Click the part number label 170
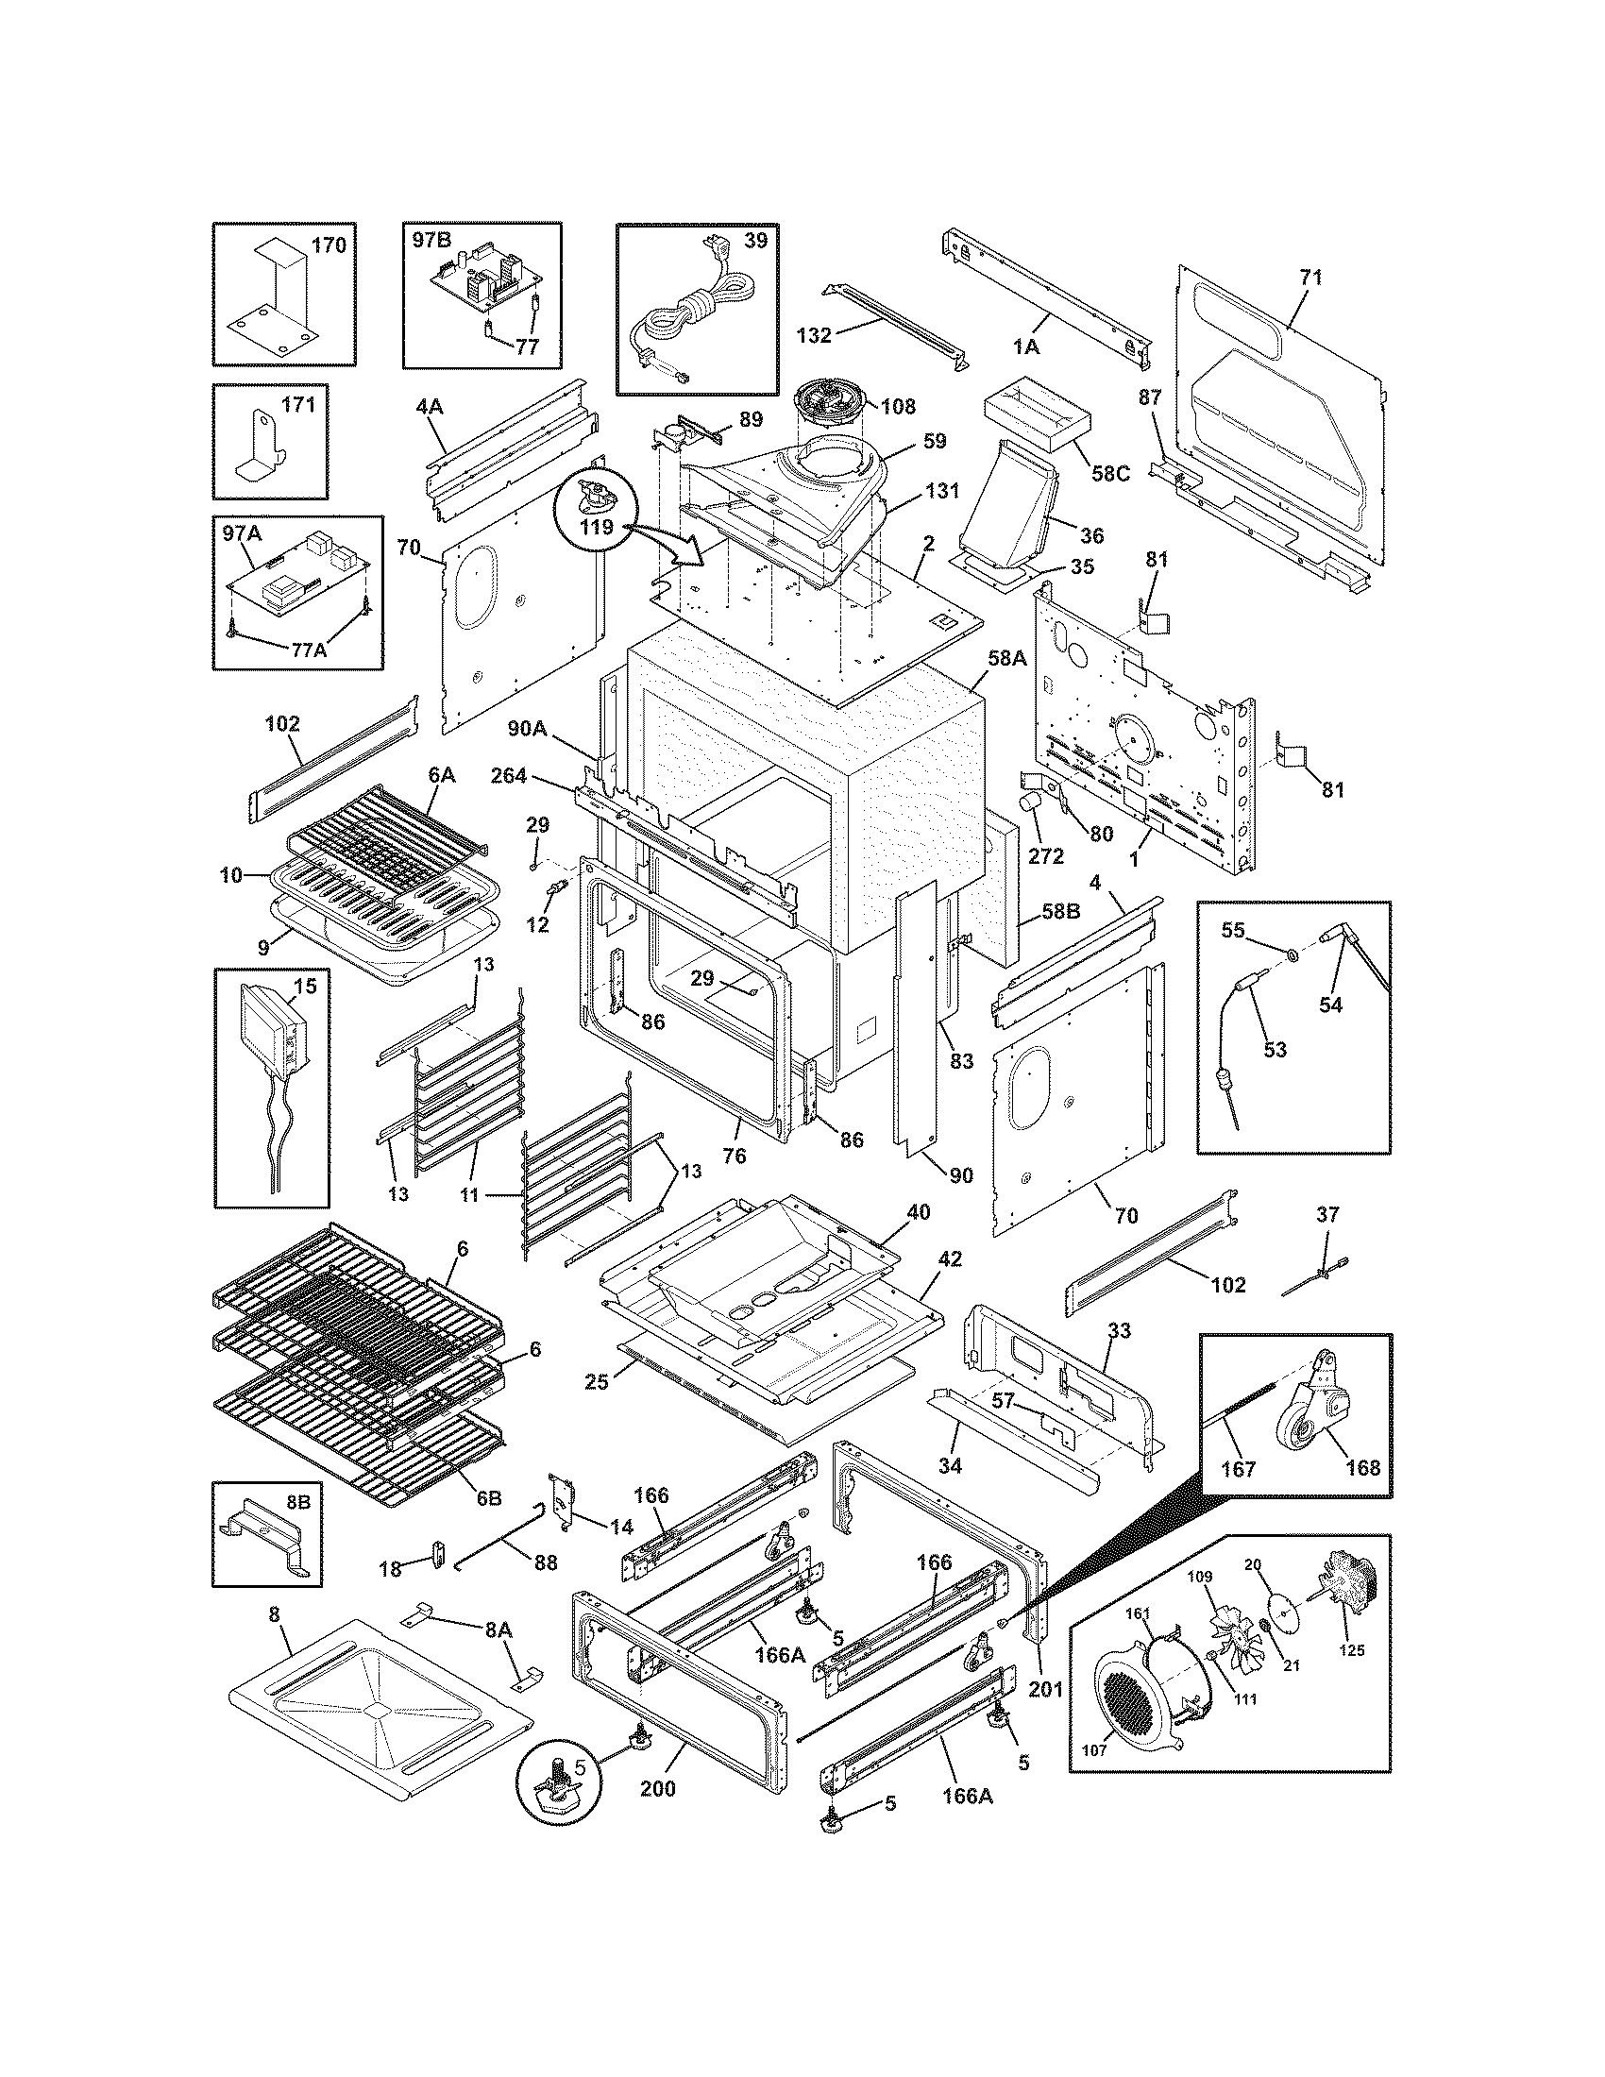coord(329,245)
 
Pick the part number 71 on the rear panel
coord(1310,278)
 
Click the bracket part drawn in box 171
coord(262,448)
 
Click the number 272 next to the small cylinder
coord(1046,856)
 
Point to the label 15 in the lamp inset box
coord(304,988)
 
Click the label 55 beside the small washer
coord(1232,930)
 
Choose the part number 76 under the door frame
coord(734,1156)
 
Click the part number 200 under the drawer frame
coord(658,1789)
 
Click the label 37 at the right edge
coord(1328,1214)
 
